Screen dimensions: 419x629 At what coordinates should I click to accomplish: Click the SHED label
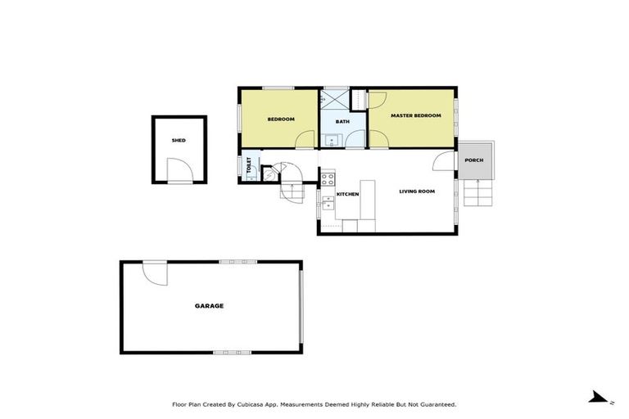(179, 141)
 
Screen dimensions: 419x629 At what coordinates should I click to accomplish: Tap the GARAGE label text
(209, 306)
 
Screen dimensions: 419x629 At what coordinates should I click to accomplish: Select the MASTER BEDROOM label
(415, 116)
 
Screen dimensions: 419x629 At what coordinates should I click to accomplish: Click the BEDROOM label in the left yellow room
(280, 119)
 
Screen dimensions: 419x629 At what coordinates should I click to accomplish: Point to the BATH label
(342, 122)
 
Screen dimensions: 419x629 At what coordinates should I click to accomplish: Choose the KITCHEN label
(348, 194)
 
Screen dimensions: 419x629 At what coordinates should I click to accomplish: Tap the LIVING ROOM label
(416, 191)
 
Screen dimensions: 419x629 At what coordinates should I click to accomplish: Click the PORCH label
(473, 160)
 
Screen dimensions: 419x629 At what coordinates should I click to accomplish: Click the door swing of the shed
(179, 169)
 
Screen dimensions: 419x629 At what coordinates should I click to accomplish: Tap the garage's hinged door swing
(155, 273)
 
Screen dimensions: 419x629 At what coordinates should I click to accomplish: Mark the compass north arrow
(600, 398)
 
